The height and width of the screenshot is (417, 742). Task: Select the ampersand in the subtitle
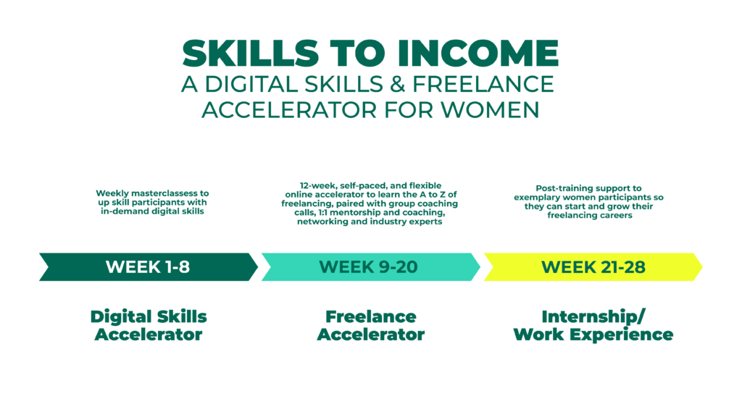(x=398, y=84)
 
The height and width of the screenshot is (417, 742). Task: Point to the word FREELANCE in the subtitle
(x=483, y=84)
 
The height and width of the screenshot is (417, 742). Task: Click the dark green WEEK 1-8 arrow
(x=148, y=267)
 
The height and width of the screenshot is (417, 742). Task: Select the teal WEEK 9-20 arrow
(x=370, y=267)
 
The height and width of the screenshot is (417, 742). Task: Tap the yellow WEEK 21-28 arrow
(x=593, y=267)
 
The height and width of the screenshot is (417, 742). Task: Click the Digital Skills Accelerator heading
(x=149, y=325)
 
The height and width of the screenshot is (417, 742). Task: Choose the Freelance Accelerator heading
(x=370, y=325)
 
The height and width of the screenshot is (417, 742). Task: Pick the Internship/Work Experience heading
(x=593, y=325)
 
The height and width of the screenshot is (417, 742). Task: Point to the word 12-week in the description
(x=318, y=186)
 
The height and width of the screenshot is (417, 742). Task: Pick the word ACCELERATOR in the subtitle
(x=290, y=110)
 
